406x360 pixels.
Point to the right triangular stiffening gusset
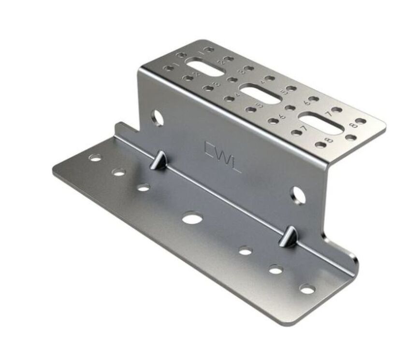(x=290, y=236)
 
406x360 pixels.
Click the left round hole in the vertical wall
(x=157, y=117)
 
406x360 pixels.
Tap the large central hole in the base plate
(x=192, y=219)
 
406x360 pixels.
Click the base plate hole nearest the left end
(x=96, y=158)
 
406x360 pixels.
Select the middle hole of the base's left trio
(x=119, y=172)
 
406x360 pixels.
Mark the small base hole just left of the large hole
(x=143, y=187)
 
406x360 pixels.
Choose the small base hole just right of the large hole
(x=246, y=251)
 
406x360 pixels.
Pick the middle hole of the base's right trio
(x=275, y=270)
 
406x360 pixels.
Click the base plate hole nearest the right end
(x=307, y=289)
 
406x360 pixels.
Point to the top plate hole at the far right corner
(x=360, y=121)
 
